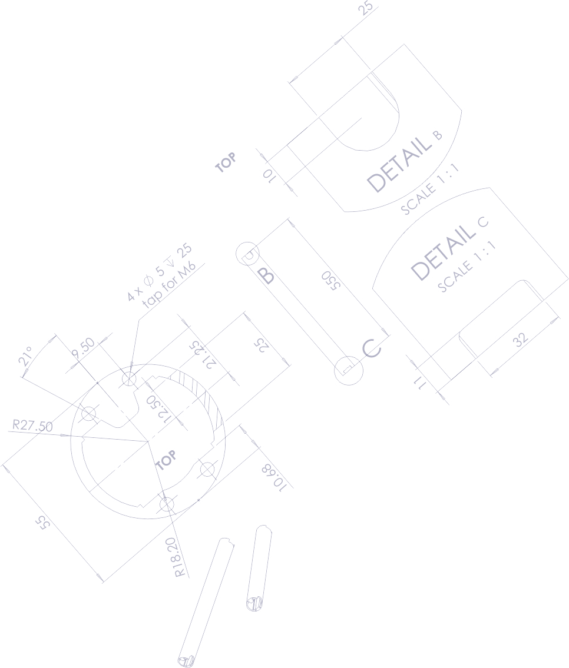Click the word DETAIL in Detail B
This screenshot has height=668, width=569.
[x=399, y=164]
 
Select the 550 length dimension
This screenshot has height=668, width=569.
[x=330, y=281]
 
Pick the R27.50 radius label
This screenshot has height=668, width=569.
[x=32, y=426]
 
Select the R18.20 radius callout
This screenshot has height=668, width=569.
[x=180, y=557]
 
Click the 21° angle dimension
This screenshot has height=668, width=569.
[x=25, y=356]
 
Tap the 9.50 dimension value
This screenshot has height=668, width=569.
[x=83, y=348]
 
